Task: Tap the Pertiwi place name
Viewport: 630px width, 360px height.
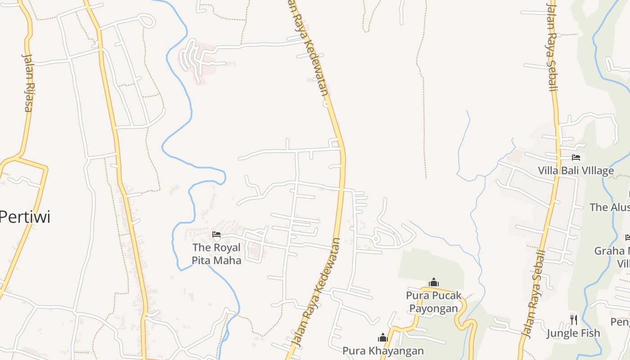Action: [25, 217]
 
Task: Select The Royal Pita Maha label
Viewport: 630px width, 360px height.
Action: [216, 254]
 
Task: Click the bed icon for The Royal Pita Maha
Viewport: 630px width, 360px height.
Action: [216, 234]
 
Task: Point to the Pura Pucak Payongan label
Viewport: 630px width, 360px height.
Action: [434, 302]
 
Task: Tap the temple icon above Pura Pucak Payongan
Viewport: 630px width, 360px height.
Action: [434, 283]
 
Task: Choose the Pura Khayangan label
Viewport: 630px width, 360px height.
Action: [383, 351]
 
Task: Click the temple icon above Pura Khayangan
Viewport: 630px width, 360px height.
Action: [383, 337]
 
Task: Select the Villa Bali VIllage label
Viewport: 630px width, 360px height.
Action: [576, 171]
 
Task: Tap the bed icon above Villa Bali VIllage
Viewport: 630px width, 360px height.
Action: [576, 157]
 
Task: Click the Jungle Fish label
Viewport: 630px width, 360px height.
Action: [573, 333]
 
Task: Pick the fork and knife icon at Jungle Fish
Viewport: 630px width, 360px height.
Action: [574, 320]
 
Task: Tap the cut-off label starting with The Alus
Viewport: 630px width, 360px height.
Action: [609, 207]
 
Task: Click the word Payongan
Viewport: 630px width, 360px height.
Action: [434, 308]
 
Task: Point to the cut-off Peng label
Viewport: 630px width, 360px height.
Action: [620, 322]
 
